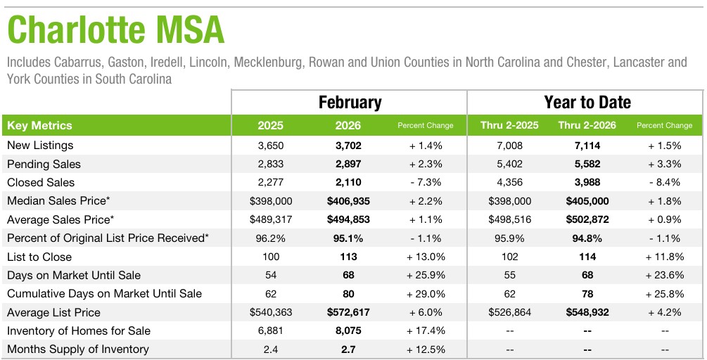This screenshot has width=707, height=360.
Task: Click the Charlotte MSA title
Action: (115, 30)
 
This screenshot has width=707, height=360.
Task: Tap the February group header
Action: (350, 103)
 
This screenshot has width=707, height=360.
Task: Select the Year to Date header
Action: (587, 103)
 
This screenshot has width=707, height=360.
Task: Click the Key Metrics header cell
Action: (39, 126)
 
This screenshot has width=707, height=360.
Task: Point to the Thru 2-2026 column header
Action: (587, 126)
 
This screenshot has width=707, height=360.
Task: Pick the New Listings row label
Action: (40, 146)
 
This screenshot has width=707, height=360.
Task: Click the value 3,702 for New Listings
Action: (348, 146)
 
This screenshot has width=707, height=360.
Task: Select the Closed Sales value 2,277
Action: (270, 183)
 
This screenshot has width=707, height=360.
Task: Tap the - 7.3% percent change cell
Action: (425, 183)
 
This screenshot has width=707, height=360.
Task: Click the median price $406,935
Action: (348, 201)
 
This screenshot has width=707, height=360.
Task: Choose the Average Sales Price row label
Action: (60, 219)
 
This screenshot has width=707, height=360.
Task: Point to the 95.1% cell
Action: (348, 238)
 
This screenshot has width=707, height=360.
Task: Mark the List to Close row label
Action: (39, 257)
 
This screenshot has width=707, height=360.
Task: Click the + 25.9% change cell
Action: (425, 275)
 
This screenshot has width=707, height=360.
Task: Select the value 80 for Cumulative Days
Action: (348, 294)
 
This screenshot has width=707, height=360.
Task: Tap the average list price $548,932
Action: (587, 312)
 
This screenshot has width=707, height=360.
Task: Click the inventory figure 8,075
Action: (348, 330)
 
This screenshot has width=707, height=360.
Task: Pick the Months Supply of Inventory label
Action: (78, 349)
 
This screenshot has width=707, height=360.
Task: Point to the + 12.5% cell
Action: (425, 349)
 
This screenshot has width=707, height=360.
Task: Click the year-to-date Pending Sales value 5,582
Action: (587, 165)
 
